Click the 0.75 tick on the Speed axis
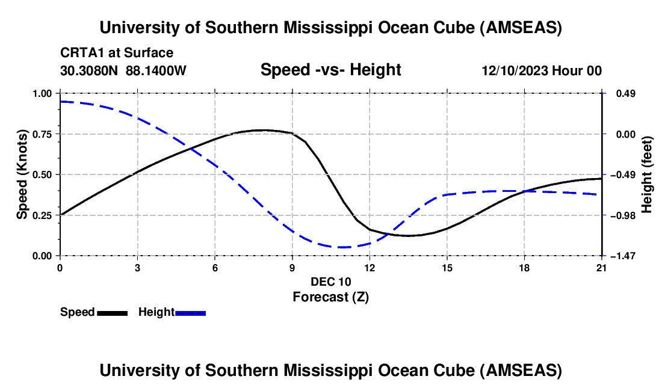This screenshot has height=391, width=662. pos(46,134)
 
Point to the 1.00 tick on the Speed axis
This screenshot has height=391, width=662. pos(46,94)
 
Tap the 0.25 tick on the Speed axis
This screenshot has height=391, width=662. pos(46,215)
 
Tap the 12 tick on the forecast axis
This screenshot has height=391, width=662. pos(370,268)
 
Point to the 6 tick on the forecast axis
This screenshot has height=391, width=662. pos(215,268)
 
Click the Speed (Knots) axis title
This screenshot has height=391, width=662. pos(22,174)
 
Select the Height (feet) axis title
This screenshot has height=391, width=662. pos(648,174)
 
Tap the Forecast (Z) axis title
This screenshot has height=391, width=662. pos(330,297)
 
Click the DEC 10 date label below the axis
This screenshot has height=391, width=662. pos(330,282)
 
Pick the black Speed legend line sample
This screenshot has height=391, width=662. pos(112,313)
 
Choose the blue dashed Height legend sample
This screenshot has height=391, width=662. pos(190,313)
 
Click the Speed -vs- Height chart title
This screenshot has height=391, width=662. pos(330,70)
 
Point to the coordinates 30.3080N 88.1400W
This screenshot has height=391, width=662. pos(123,70)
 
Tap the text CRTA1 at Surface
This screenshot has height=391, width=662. pos(117,53)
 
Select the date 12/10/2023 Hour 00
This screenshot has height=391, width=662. pos(542,71)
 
